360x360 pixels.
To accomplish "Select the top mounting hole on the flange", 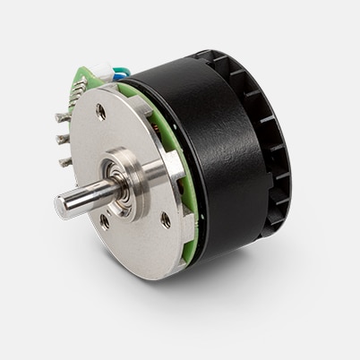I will (101, 113).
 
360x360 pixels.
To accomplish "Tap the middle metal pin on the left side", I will (62, 140).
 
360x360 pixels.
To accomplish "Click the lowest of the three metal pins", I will (64, 162).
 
